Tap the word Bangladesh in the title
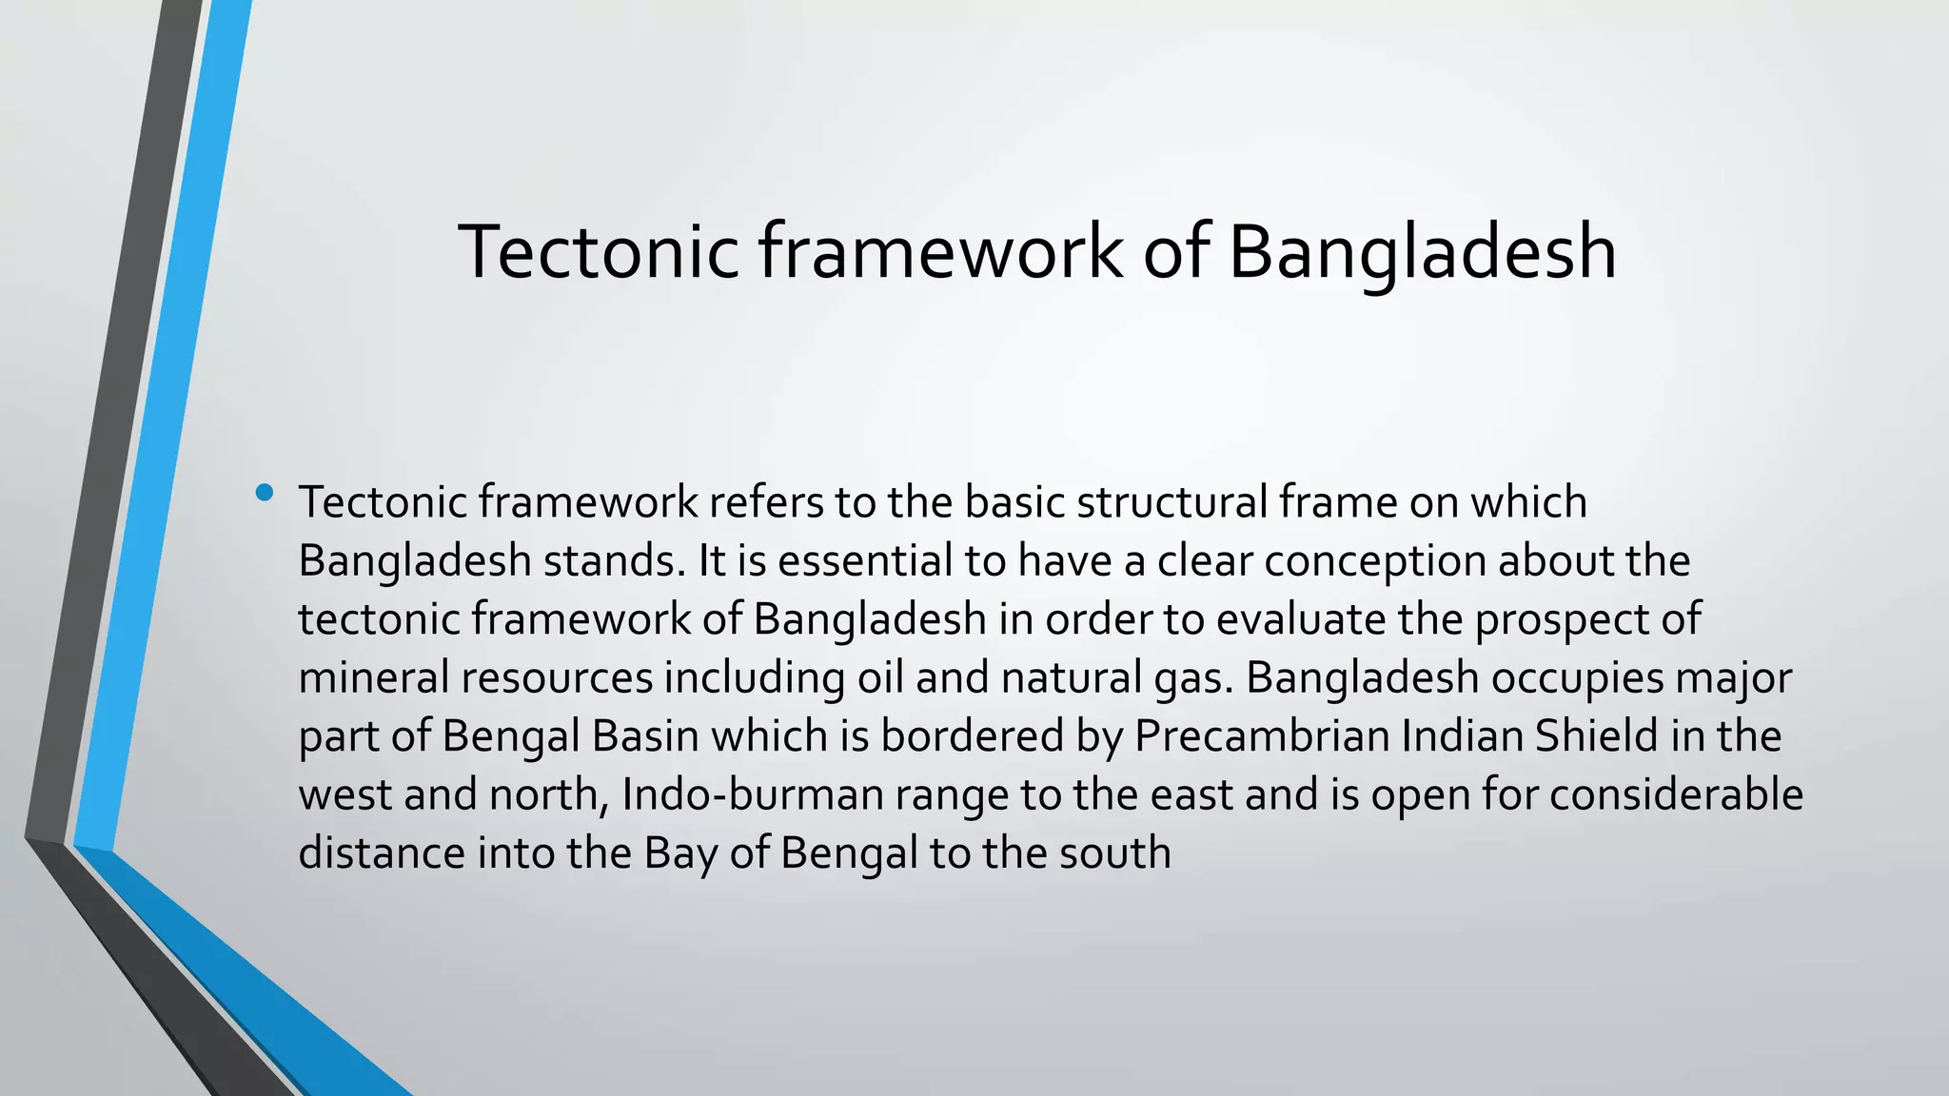pos(1422,251)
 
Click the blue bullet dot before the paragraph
pos(265,493)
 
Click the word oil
pos(880,677)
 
